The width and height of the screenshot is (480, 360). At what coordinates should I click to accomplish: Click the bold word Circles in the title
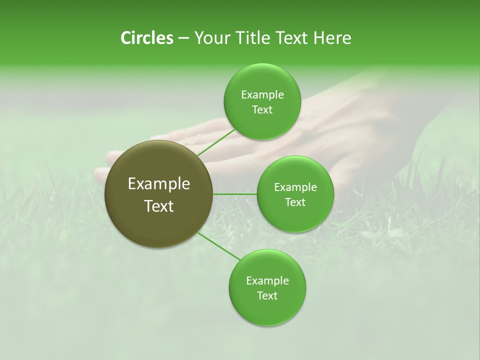coord(146,38)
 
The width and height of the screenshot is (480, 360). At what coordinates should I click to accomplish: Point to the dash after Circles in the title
coord(183,38)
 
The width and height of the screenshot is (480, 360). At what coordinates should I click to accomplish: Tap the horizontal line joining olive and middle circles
coord(235,194)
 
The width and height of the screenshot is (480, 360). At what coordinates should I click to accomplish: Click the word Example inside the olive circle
coord(159,184)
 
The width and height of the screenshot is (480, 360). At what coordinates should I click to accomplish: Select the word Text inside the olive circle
coord(159,206)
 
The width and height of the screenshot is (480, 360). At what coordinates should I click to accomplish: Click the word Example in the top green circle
coord(262,95)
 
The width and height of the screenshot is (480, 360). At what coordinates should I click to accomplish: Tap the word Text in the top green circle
coord(262,110)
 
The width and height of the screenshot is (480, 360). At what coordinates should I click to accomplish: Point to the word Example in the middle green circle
coord(295,187)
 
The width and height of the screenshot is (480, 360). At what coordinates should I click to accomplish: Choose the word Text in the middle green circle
coord(295,202)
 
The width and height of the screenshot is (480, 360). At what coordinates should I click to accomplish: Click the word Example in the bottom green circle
coord(267,281)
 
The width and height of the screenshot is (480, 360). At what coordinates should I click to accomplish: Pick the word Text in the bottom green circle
coord(267,296)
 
